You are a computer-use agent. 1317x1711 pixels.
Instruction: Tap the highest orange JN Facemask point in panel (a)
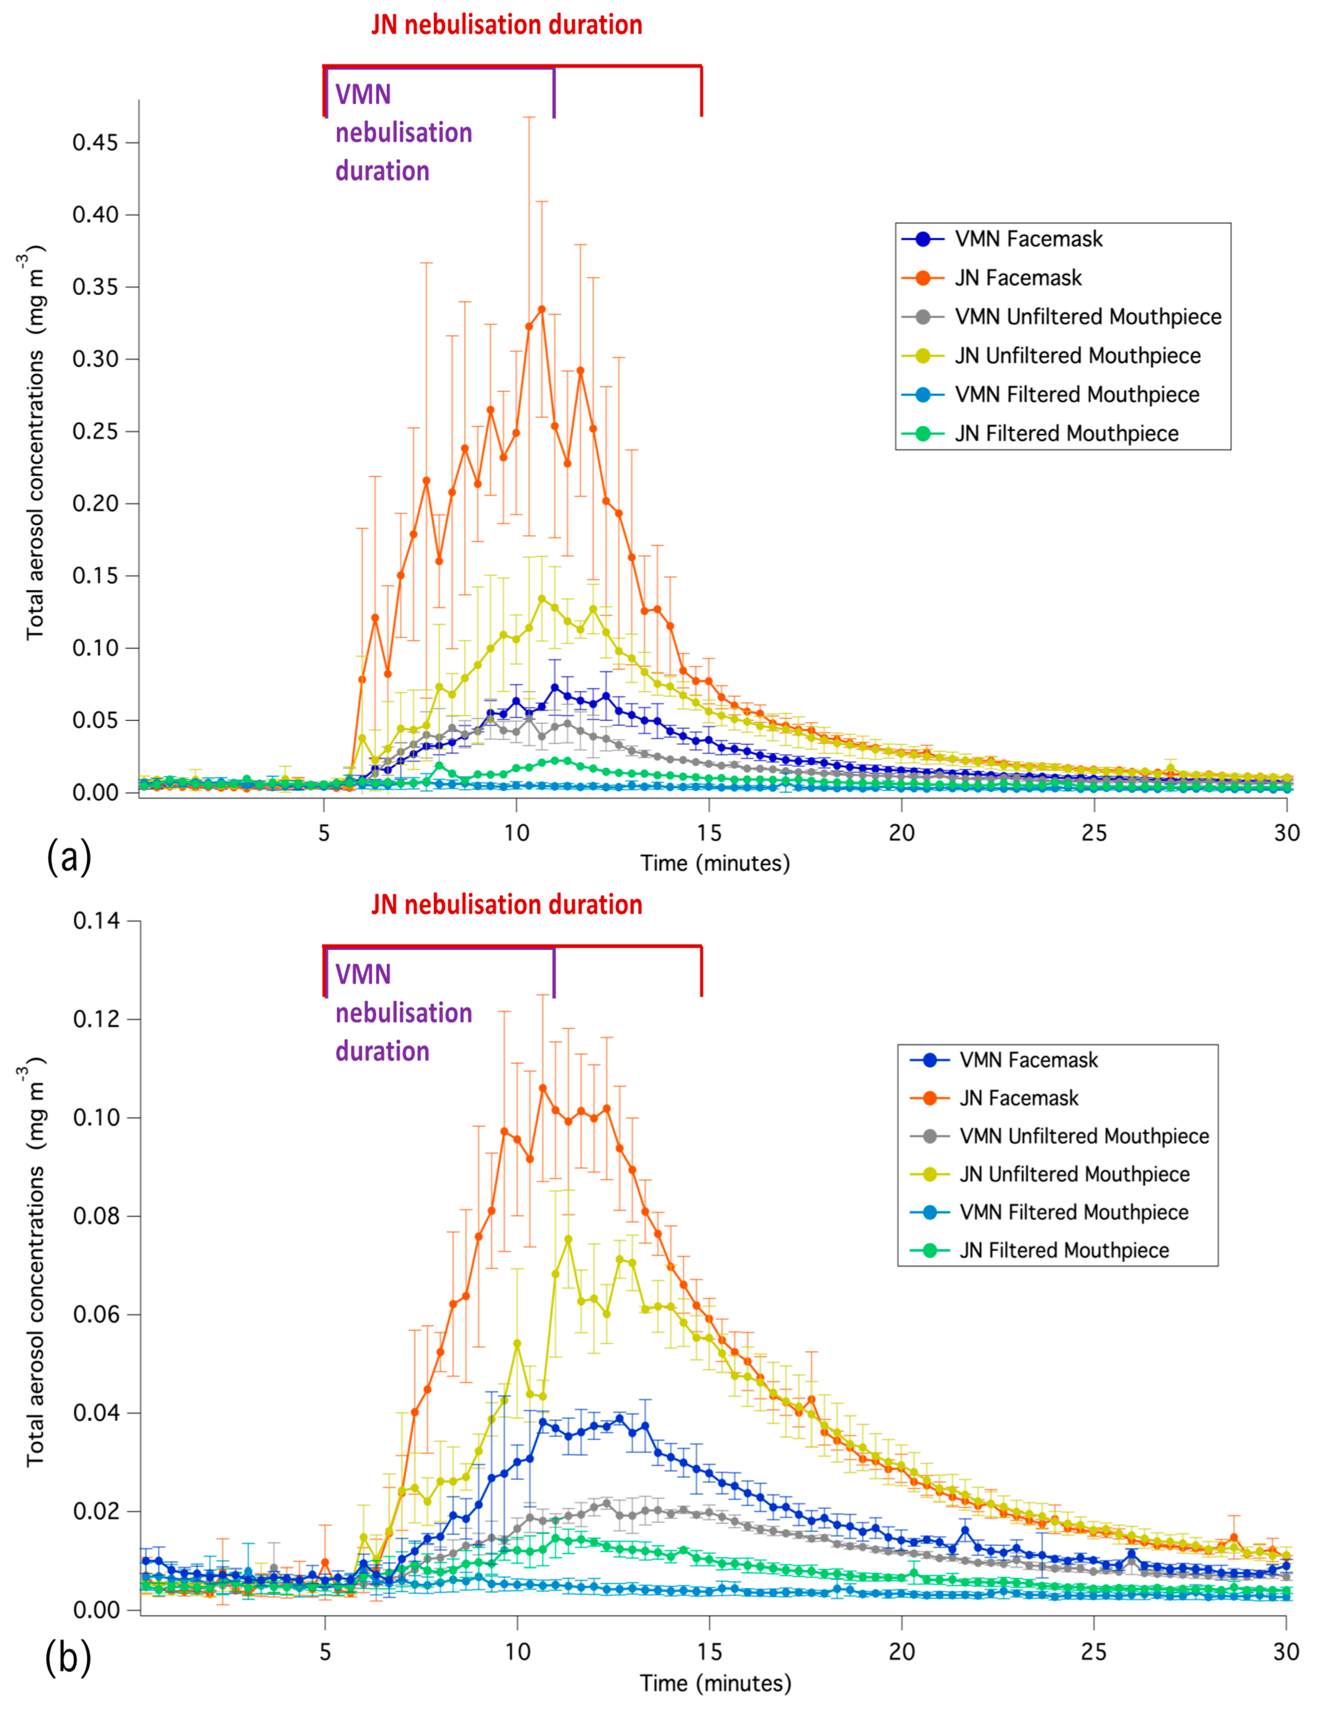(x=541, y=309)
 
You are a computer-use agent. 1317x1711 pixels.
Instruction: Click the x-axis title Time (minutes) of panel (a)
(x=714, y=863)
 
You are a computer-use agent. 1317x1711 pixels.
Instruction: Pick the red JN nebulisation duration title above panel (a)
(x=506, y=25)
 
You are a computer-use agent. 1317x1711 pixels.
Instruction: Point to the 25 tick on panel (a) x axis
(x=1094, y=833)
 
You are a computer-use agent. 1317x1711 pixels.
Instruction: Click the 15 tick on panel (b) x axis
(x=709, y=1652)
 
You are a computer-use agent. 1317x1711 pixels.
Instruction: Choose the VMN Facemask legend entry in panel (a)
(x=1028, y=239)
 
